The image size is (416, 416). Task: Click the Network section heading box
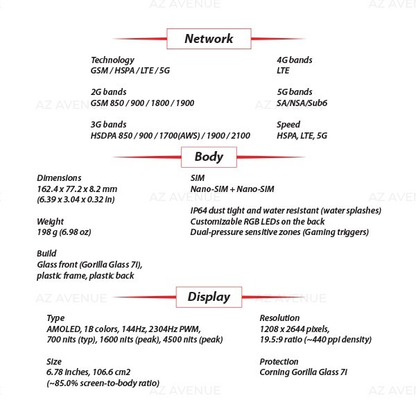(209, 39)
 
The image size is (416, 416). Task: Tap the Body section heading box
(209, 157)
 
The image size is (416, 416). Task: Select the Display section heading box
(209, 297)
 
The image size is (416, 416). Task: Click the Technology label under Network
(112, 60)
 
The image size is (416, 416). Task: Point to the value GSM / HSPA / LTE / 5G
(130, 71)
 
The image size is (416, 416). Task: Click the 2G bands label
(109, 92)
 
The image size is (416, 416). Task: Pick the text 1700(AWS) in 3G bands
(180, 136)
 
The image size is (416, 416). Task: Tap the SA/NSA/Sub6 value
(302, 103)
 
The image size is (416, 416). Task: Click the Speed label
(288, 125)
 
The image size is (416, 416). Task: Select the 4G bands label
(295, 60)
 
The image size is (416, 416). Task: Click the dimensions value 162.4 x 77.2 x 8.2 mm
(77, 189)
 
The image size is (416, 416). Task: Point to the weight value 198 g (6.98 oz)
(64, 232)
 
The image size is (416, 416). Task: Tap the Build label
(46, 253)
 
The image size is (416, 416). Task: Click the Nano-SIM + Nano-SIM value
(232, 189)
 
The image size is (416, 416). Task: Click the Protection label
(279, 362)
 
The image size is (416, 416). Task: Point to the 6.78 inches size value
(67, 372)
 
